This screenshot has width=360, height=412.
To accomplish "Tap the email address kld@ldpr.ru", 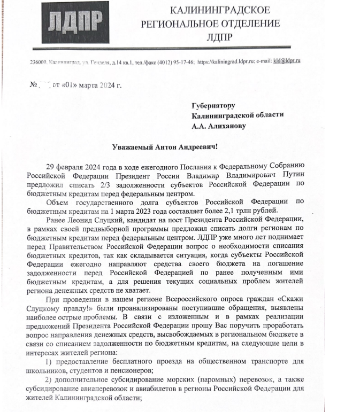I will [x=285, y=61].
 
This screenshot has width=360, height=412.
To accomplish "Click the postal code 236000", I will [x=39, y=62].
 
